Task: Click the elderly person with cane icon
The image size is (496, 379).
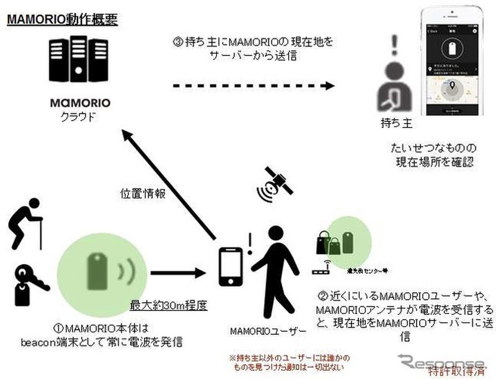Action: pyautogui.click(x=26, y=223)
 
